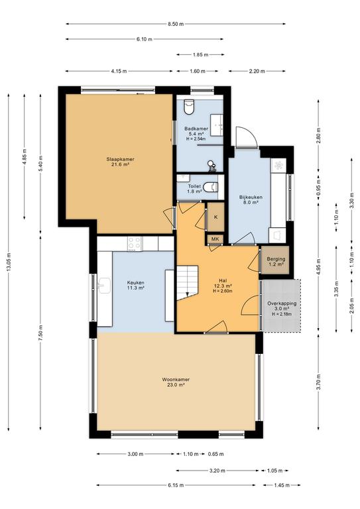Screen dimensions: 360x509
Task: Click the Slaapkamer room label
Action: coord(120,159)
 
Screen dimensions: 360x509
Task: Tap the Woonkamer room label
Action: coord(176,380)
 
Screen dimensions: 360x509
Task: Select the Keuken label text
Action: coord(136,283)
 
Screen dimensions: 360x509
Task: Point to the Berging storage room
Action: coord(276,260)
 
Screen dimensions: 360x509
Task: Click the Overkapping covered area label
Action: coord(282,304)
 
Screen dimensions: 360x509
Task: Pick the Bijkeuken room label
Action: coord(251,197)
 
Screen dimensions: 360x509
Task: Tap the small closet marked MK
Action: coord(215,239)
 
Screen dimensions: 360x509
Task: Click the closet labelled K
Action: coord(215,217)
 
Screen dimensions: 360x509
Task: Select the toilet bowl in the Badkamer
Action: coord(188,107)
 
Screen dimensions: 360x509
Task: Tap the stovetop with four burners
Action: coord(135,243)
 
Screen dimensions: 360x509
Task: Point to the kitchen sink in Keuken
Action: coord(104,286)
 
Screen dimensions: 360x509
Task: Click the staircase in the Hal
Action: coord(188,283)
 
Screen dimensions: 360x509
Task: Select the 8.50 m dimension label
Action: coord(176,24)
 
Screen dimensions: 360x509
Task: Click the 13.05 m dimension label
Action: coord(9,262)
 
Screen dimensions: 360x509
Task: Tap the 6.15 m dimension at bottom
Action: coord(176,485)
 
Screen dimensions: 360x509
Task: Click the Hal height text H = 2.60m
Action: coord(222,291)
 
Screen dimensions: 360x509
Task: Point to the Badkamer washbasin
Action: coord(217,125)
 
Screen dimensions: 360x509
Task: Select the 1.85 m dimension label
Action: coord(200,55)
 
